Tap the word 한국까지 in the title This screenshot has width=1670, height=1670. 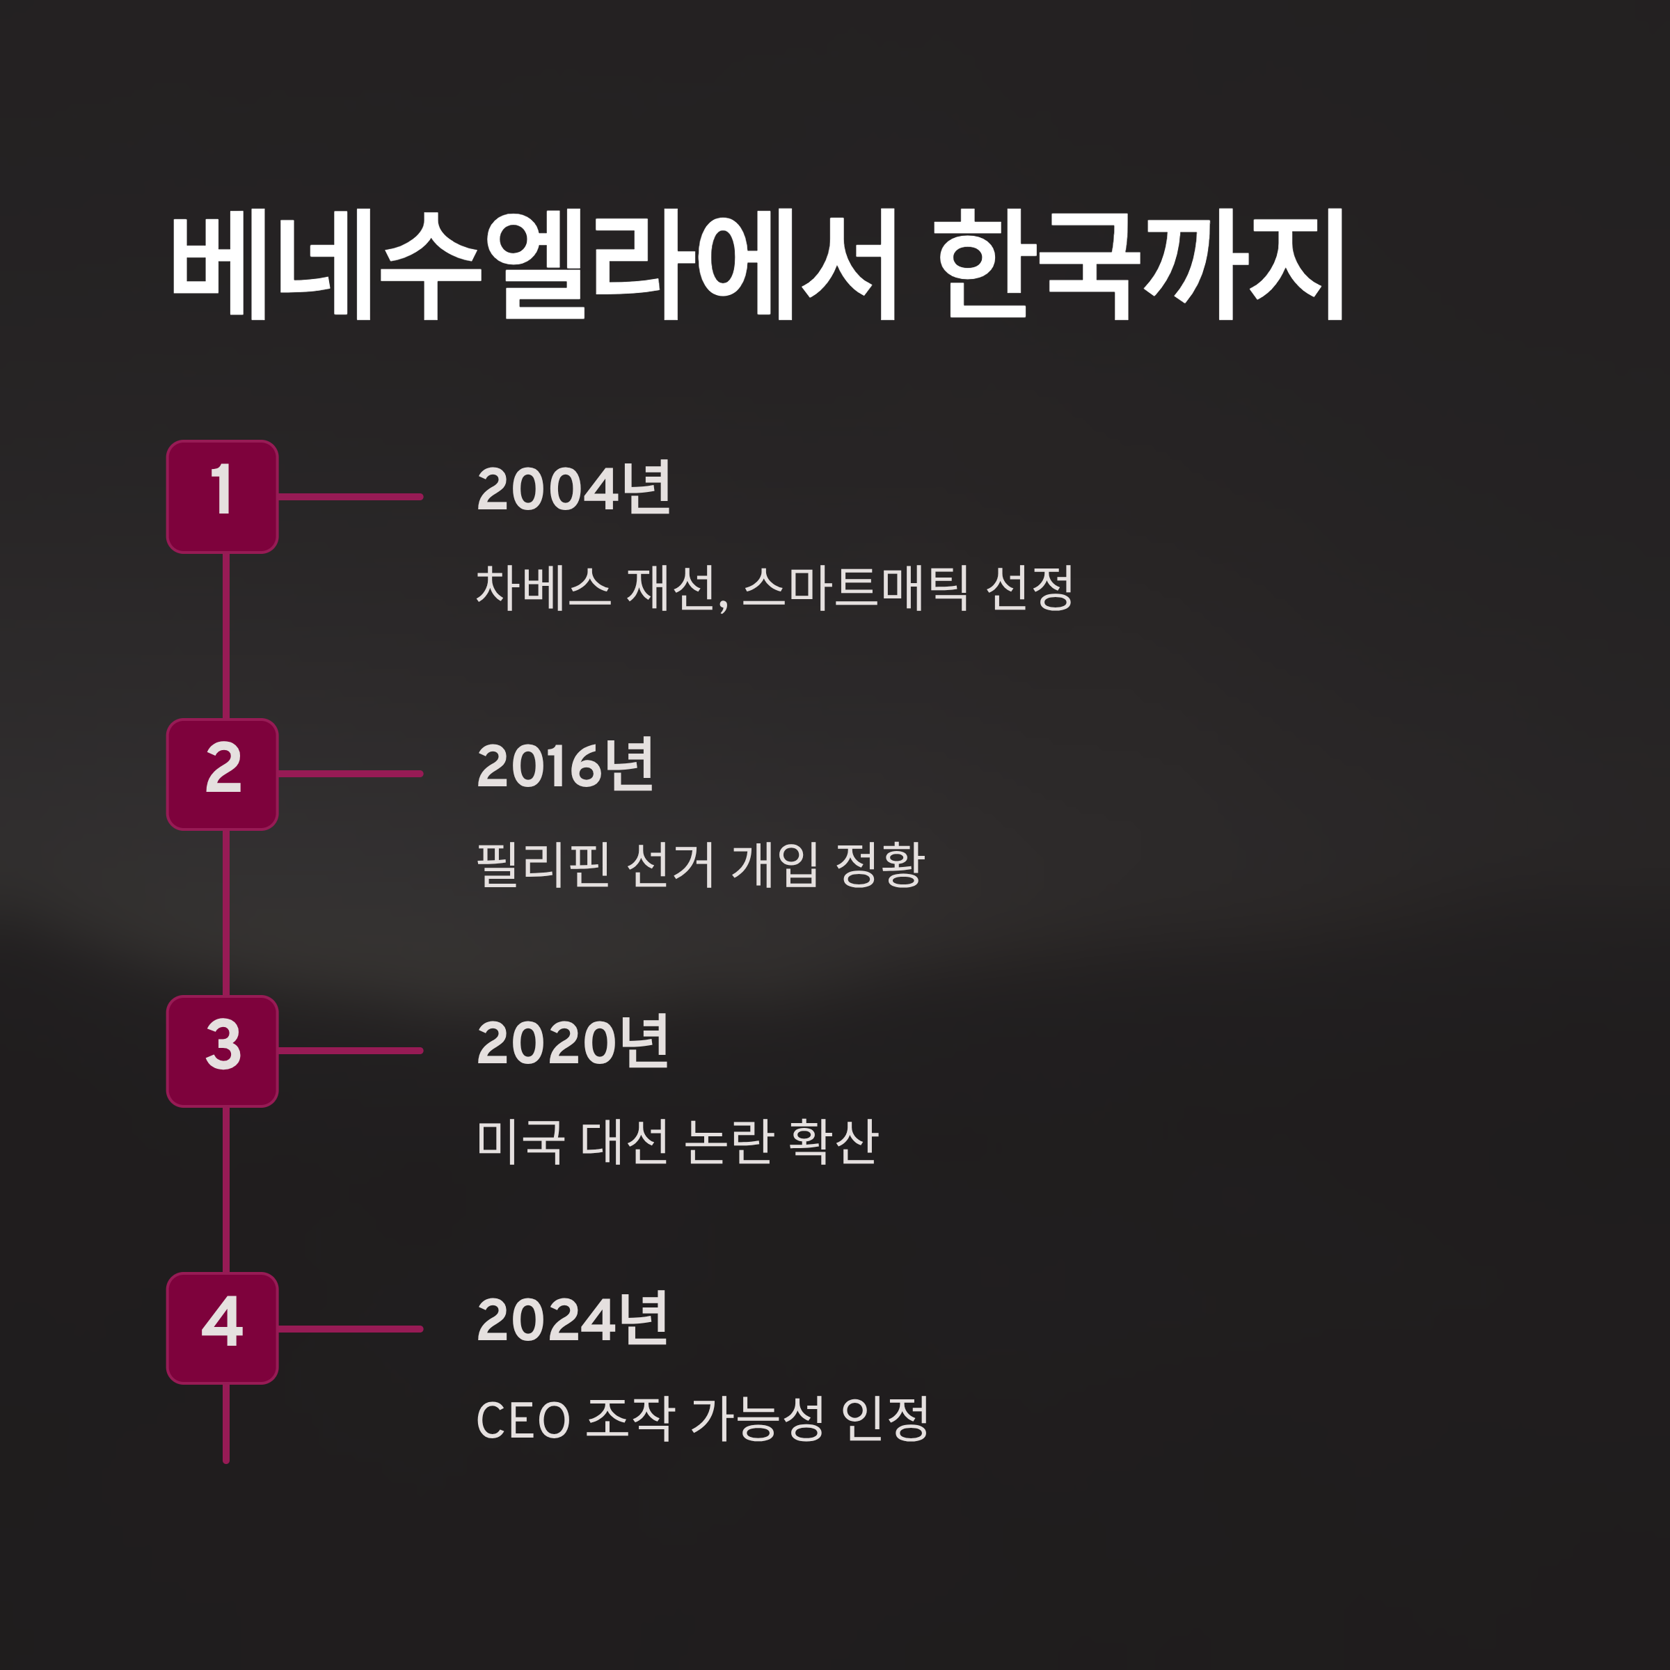click(1138, 264)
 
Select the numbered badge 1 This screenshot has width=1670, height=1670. click(222, 496)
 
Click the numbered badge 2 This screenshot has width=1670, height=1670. click(222, 774)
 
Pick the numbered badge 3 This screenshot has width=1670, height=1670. click(222, 1051)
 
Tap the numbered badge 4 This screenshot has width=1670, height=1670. click(222, 1328)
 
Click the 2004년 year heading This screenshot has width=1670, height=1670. click(573, 488)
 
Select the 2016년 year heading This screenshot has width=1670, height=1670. click(565, 766)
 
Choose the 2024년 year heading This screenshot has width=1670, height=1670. click(572, 1320)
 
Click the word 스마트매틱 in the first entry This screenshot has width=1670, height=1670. click(855, 588)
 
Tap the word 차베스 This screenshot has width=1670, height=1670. click(543, 588)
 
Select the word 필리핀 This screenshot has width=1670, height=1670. click(543, 864)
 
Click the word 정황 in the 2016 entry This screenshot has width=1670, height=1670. click(880, 864)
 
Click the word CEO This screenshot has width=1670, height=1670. click(523, 1420)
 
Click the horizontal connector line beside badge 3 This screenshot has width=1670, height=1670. click(350, 1051)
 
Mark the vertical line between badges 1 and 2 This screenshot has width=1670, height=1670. click(225, 635)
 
